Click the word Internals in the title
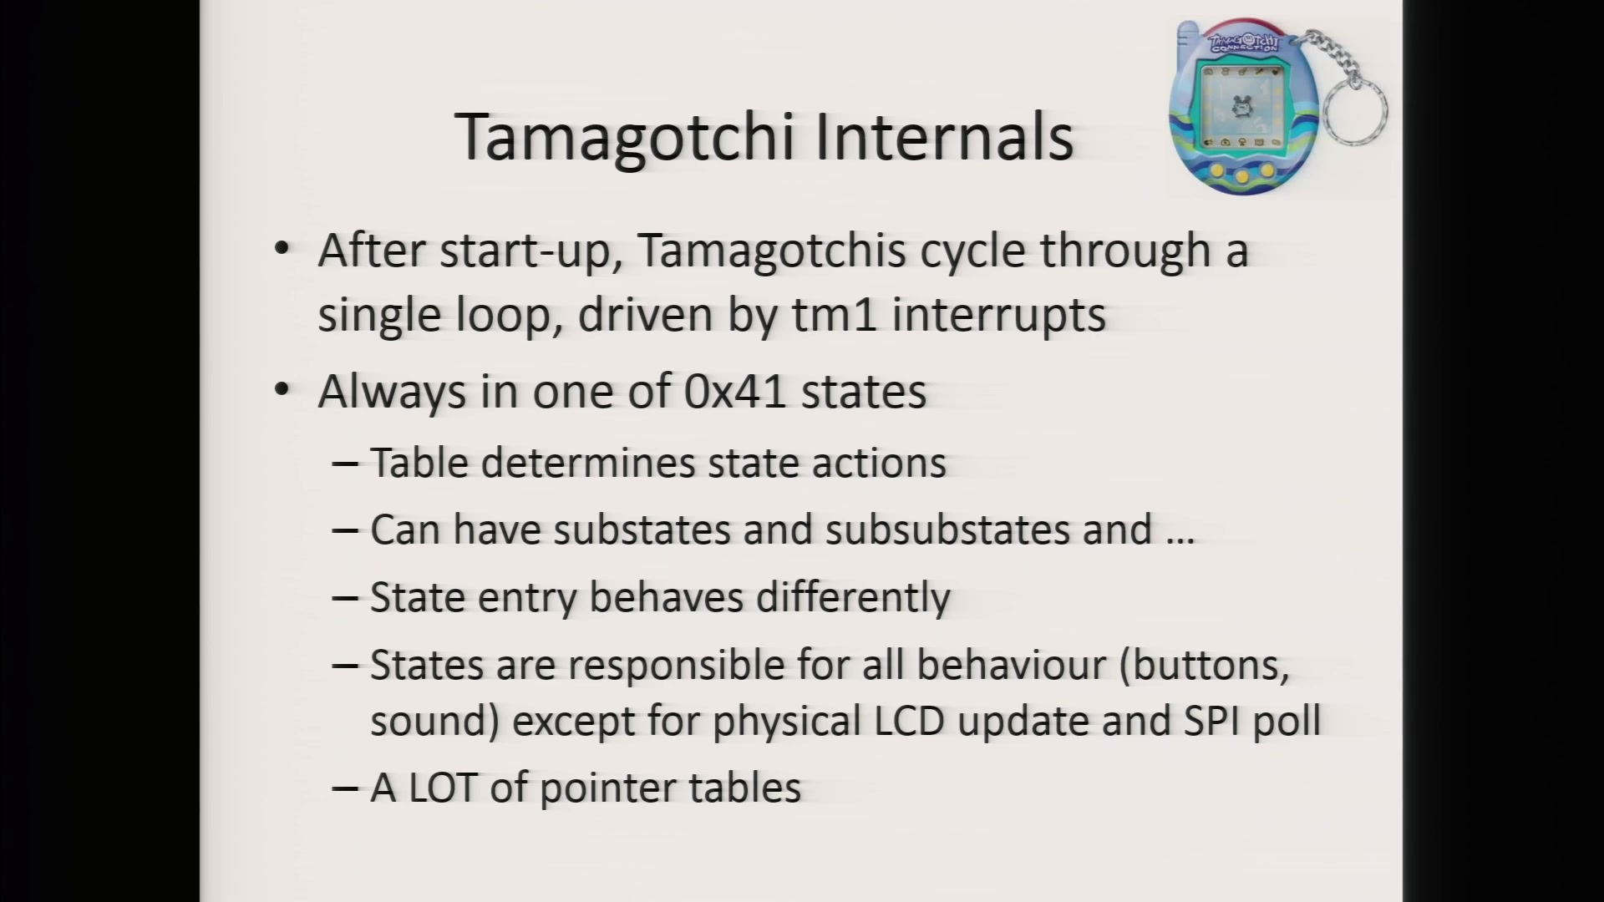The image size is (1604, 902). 944,137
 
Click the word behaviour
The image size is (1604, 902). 1012,665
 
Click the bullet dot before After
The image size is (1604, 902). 282,248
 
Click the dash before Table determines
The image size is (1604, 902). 345,464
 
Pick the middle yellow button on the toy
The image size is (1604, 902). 1242,176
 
